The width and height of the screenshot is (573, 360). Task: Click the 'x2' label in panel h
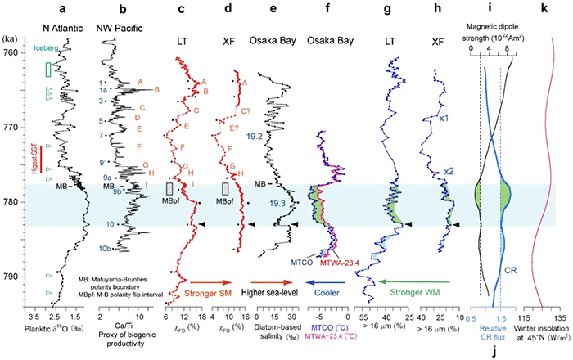tap(449, 171)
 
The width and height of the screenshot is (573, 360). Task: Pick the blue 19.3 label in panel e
tap(277, 202)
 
